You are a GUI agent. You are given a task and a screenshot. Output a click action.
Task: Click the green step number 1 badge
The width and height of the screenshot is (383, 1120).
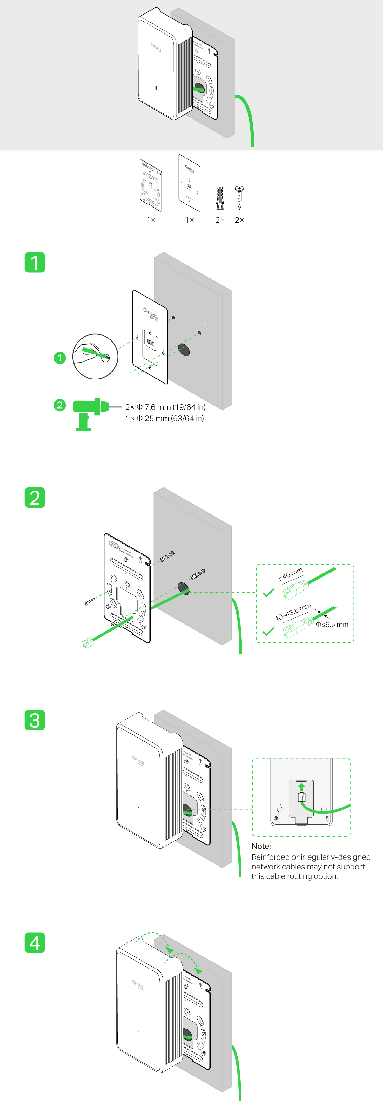[x=35, y=262]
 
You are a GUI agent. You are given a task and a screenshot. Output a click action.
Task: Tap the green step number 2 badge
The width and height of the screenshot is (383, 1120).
[x=35, y=497]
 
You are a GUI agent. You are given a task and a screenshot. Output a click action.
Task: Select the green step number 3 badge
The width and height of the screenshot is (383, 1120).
[x=35, y=720]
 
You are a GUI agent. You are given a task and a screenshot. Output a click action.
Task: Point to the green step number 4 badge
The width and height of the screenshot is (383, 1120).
[x=35, y=942]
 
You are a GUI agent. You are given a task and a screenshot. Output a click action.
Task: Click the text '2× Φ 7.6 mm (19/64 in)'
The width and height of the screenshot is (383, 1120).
[x=165, y=407]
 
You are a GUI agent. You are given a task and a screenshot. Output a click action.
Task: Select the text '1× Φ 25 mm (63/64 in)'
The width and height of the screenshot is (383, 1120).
[x=164, y=418]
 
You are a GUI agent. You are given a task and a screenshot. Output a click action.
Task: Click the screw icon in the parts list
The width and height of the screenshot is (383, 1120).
[x=239, y=197]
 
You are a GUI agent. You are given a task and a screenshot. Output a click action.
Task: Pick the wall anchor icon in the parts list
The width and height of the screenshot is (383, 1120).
[x=220, y=198]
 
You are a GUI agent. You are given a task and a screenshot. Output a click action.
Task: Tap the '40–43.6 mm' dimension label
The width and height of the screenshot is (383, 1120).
[x=292, y=612]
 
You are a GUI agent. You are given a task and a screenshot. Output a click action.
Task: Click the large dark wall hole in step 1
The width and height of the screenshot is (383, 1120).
[x=184, y=350]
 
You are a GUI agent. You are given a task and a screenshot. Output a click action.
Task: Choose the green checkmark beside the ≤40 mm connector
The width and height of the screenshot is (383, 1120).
[x=268, y=593]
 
